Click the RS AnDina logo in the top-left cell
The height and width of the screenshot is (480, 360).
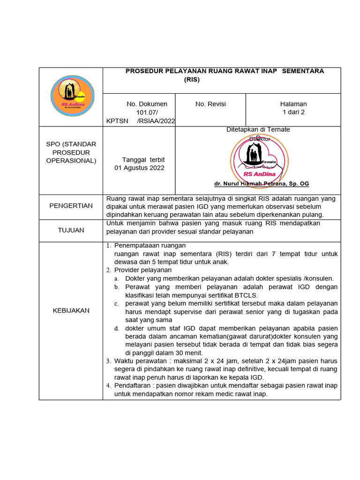point(72,97)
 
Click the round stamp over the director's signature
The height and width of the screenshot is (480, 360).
point(259,160)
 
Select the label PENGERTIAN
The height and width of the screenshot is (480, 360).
point(71,206)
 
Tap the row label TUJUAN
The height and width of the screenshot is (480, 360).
point(71,230)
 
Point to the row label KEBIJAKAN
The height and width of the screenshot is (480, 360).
point(71,310)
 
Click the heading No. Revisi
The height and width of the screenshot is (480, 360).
point(210,104)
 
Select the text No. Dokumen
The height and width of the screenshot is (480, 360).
point(147,104)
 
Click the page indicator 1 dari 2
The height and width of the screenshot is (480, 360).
point(293,112)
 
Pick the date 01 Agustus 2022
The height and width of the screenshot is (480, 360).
point(140,168)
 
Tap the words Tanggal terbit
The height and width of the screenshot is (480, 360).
point(143,159)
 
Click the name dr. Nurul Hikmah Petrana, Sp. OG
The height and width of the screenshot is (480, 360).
point(262,183)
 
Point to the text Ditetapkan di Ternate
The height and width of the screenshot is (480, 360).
point(258,129)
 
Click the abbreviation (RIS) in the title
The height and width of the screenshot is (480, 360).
point(192,80)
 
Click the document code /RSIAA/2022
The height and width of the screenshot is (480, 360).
point(156,121)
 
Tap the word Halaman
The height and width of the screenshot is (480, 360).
point(293,104)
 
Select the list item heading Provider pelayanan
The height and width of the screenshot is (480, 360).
point(143,270)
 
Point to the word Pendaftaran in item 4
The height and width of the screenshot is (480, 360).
point(132,386)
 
